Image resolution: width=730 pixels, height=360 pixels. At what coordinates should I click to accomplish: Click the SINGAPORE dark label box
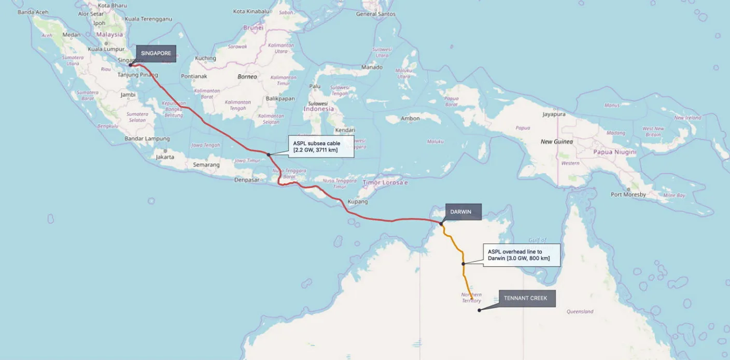[156, 53]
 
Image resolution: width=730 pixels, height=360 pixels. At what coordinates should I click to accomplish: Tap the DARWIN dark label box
[464, 212]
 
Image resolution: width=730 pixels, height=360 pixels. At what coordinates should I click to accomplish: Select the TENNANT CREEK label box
[525, 298]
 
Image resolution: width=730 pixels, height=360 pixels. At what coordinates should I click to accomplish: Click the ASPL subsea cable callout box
[320, 147]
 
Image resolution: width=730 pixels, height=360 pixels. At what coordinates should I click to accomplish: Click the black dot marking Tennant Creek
[480, 310]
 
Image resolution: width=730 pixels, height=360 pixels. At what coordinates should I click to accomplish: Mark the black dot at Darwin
[441, 224]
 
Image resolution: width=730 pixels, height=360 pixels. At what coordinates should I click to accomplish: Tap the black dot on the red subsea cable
[269, 154]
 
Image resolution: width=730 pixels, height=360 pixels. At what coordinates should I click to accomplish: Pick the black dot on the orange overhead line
[464, 264]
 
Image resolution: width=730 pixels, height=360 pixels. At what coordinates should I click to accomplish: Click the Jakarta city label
[165, 157]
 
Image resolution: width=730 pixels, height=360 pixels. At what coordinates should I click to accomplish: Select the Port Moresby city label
[628, 195]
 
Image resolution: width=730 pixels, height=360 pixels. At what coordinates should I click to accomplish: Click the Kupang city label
[358, 201]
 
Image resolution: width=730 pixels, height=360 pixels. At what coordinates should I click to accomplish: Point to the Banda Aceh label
[33, 11]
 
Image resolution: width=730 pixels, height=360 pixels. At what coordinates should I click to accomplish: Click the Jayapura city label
[553, 114]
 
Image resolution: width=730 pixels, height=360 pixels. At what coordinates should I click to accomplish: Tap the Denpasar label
[246, 180]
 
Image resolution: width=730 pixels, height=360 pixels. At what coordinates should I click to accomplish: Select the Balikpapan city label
[280, 98]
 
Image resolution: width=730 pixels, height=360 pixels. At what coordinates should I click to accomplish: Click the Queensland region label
[580, 312]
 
